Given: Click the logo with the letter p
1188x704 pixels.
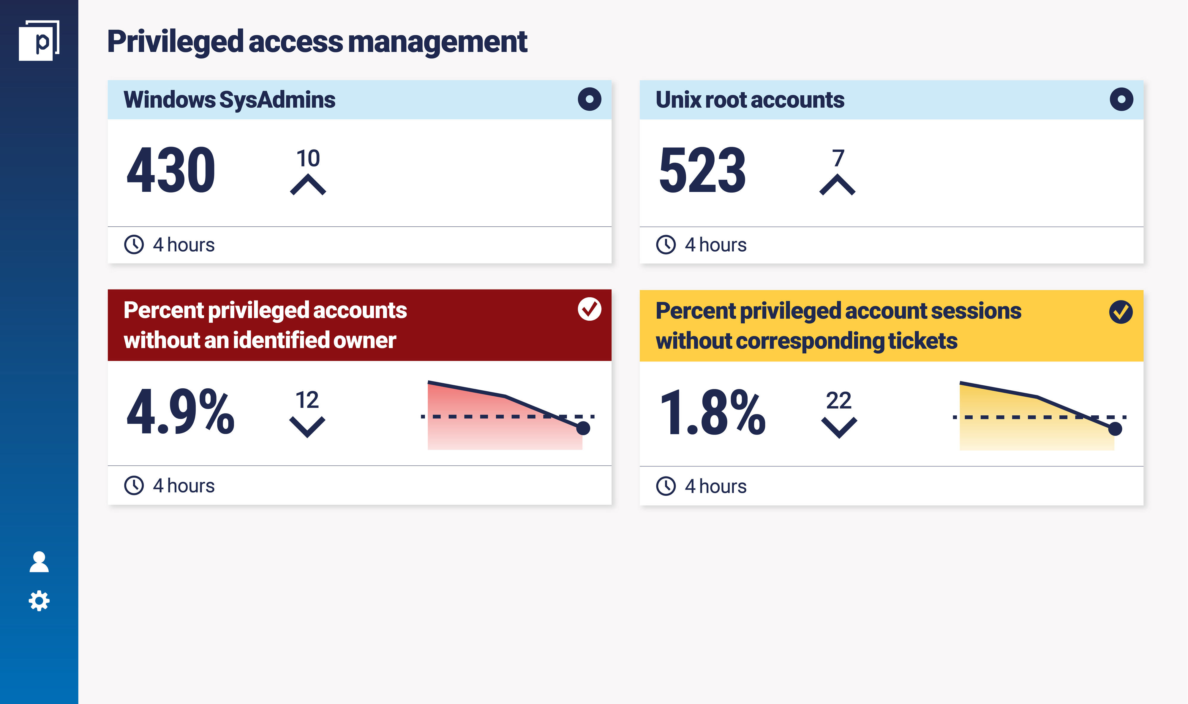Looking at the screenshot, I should (x=39, y=41).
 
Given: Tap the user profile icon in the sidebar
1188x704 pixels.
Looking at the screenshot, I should (x=39, y=562).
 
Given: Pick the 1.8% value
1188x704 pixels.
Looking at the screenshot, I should (x=712, y=412).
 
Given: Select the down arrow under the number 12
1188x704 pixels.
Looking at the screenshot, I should (x=307, y=427).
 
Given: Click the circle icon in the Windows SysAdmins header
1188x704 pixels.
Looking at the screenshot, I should (x=589, y=99).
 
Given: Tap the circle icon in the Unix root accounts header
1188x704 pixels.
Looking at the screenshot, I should (x=1121, y=99).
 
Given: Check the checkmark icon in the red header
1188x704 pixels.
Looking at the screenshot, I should (x=589, y=309).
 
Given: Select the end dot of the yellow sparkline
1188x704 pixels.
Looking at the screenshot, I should (x=1115, y=429).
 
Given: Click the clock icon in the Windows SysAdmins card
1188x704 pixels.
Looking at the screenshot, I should (x=134, y=245).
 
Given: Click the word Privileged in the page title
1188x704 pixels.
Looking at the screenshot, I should (x=175, y=42).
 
